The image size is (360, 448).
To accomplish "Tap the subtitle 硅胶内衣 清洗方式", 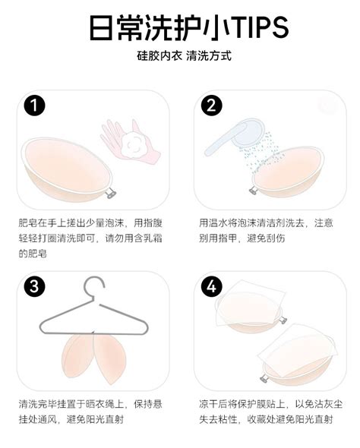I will pos(179,57).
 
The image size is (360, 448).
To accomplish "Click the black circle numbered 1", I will pos(33,106).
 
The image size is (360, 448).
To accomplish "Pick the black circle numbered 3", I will pos(33,287).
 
